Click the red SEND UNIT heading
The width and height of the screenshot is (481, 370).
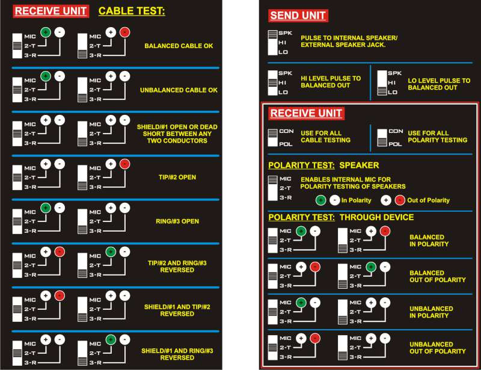(298, 16)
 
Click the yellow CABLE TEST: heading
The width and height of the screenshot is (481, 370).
(132, 11)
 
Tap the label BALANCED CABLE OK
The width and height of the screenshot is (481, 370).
(179, 46)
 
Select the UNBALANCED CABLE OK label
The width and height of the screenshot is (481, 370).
(179, 90)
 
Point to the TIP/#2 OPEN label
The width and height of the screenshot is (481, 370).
(177, 177)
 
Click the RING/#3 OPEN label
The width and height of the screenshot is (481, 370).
(177, 221)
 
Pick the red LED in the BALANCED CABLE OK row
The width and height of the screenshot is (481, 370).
(124, 32)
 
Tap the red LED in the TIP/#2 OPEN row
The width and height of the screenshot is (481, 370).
(124, 164)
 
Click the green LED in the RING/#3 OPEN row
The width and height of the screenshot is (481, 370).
(46, 208)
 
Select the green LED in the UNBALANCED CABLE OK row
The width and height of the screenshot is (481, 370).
(46, 76)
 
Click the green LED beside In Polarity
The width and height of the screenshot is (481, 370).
(320, 200)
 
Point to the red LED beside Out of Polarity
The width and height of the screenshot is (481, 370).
(400, 200)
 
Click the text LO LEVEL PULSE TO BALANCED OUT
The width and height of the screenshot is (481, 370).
(439, 84)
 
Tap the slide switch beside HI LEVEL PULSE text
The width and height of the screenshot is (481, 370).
(273, 82)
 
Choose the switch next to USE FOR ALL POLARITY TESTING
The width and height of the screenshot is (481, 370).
(382, 138)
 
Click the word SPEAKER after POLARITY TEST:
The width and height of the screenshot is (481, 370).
(359, 165)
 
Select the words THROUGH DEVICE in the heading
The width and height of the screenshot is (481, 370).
(377, 217)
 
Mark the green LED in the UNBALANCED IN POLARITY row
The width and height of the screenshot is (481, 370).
(301, 303)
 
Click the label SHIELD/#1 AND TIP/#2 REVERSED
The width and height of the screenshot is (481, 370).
(177, 310)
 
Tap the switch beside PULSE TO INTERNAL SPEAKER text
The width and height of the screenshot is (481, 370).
(273, 43)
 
